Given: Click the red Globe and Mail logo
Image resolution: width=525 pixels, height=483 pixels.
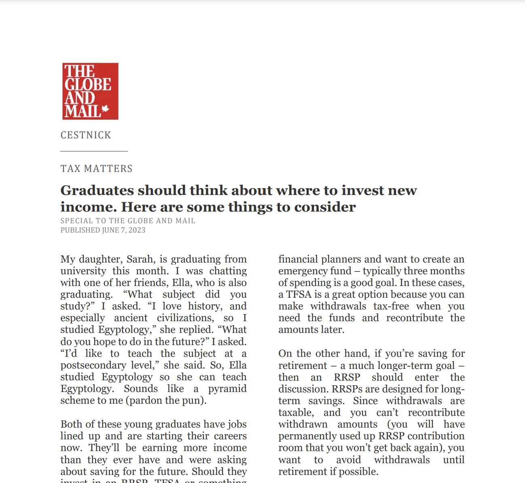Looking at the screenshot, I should pyautogui.click(x=90, y=91).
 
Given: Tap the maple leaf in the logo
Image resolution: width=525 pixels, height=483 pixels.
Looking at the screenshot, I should pyautogui.click(x=106, y=108).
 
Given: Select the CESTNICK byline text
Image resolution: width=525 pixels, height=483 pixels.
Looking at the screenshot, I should pyautogui.click(x=86, y=135).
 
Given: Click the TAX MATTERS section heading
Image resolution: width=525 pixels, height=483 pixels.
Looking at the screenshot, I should pyautogui.click(x=97, y=169).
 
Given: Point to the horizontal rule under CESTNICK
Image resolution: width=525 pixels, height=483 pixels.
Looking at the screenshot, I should pyautogui.click(x=94, y=151).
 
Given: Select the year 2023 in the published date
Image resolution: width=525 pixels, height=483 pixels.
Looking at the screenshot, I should pyautogui.click(x=137, y=230).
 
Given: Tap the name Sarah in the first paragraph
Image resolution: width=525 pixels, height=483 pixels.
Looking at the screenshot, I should pyautogui.click(x=140, y=259).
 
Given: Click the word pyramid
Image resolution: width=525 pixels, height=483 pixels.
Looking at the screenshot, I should pyautogui.click(x=227, y=389).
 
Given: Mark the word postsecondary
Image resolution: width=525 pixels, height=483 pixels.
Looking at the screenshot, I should pyautogui.click(x=93, y=365).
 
